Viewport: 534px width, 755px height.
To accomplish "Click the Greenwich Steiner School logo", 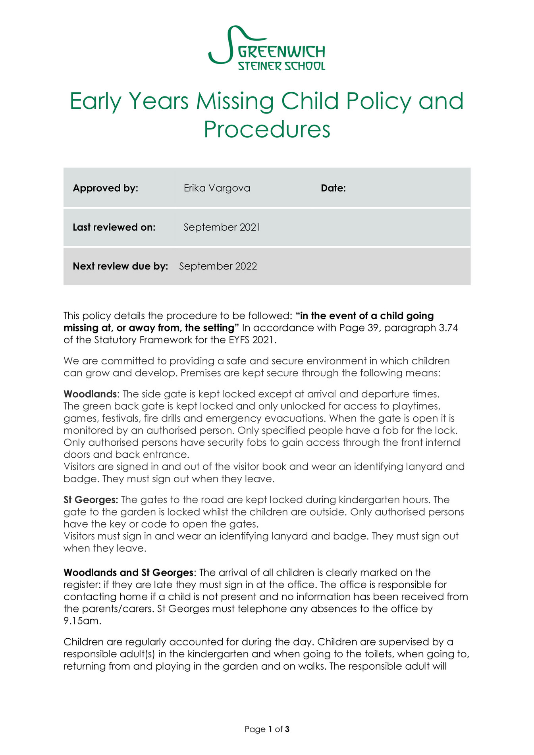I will tap(267, 48).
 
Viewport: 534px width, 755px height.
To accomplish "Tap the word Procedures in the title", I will tap(267, 129).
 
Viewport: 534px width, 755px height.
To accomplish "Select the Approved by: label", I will tap(105, 188).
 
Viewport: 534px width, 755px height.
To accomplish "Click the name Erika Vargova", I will tap(217, 188).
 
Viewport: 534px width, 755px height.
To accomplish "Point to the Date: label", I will tap(333, 188).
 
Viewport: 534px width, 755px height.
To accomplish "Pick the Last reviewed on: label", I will tap(114, 227).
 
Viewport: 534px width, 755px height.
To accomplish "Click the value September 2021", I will tap(222, 227).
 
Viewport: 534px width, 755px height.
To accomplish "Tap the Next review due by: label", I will tap(120, 266).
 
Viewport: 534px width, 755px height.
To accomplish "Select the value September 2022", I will tap(218, 266).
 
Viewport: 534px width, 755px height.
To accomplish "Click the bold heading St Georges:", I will tap(91, 500).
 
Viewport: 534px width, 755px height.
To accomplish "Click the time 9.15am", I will tap(82, 621).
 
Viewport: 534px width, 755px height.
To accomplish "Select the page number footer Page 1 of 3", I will tap(267, 729).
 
